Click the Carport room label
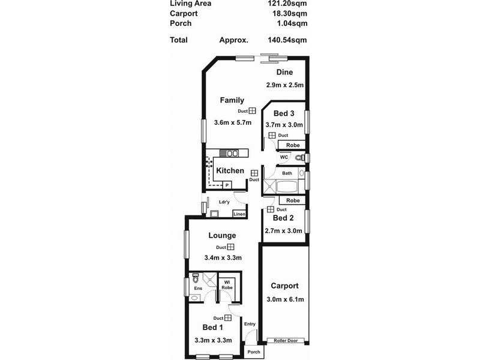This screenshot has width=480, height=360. click(x=284, y=286)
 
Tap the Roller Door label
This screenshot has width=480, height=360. click(x=286, y=340)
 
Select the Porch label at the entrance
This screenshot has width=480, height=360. click(x=254, y=352)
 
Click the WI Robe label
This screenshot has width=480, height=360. click(x=228, y=285)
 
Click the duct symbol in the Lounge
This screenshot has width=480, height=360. click(x=230, y=247)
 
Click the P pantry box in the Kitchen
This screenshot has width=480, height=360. click(x=227, y=185)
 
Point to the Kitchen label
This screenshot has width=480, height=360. click(x=230, y=171)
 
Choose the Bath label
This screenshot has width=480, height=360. click(x=287, y=173)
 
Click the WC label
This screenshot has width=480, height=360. click(x=284, y=157)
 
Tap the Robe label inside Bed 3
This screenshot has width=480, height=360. click(x=293, y=146)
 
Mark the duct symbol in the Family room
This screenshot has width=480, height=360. click(x=253, y=111)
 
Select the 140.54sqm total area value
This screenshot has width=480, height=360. click(x=288, y=40)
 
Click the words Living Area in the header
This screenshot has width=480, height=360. click(x=190, y=3)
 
